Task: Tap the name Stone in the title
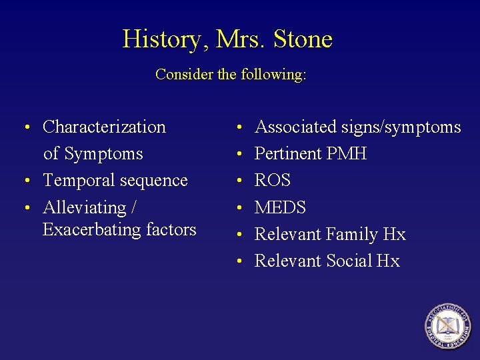[303, 39]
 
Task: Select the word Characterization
[104, 127]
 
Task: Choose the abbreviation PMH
[347, 154]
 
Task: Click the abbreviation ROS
[273, 181]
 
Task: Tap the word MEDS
[281, 208]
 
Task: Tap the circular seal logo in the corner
[447, 327]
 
